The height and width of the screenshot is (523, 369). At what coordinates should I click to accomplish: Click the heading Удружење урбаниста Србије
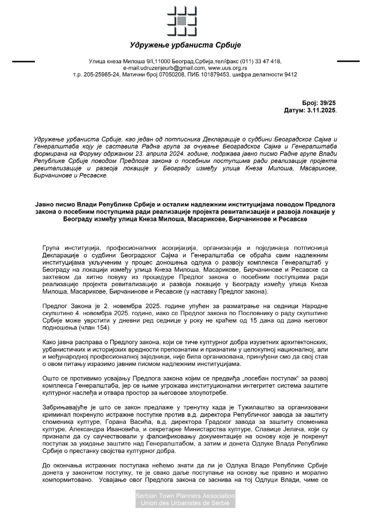coord(185,44)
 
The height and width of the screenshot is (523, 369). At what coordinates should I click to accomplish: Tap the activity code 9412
coord(290,74)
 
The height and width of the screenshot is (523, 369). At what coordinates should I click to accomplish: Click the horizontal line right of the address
coord(348,62)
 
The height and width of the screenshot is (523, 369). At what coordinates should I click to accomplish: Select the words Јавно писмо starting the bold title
coord(52,204)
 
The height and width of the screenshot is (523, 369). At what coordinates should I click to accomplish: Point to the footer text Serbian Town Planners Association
coord(185,496)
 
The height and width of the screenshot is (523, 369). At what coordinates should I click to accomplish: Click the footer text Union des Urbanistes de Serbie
coord(185,503)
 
